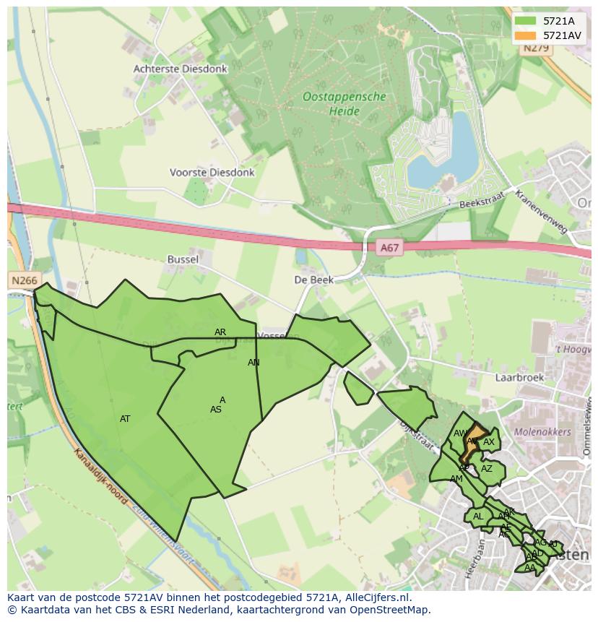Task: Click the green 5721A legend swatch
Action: [525, 21]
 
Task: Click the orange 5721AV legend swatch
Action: [525, 35]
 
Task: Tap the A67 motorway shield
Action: [389, 248]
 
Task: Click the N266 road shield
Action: [25, 280]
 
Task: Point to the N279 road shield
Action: [537, 48]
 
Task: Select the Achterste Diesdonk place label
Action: [180, 69]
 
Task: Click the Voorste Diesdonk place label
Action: [212, 173]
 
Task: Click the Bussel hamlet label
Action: [182, 259]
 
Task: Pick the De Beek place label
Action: [313, 280]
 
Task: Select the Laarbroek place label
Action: [519, 377]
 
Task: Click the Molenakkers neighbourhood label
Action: [542, 432]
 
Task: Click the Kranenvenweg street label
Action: [542, 212]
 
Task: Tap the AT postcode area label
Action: [125, 419]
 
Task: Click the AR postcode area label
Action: [220, 332]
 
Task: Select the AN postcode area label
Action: [253, 363]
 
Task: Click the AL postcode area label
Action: [477, 517]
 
